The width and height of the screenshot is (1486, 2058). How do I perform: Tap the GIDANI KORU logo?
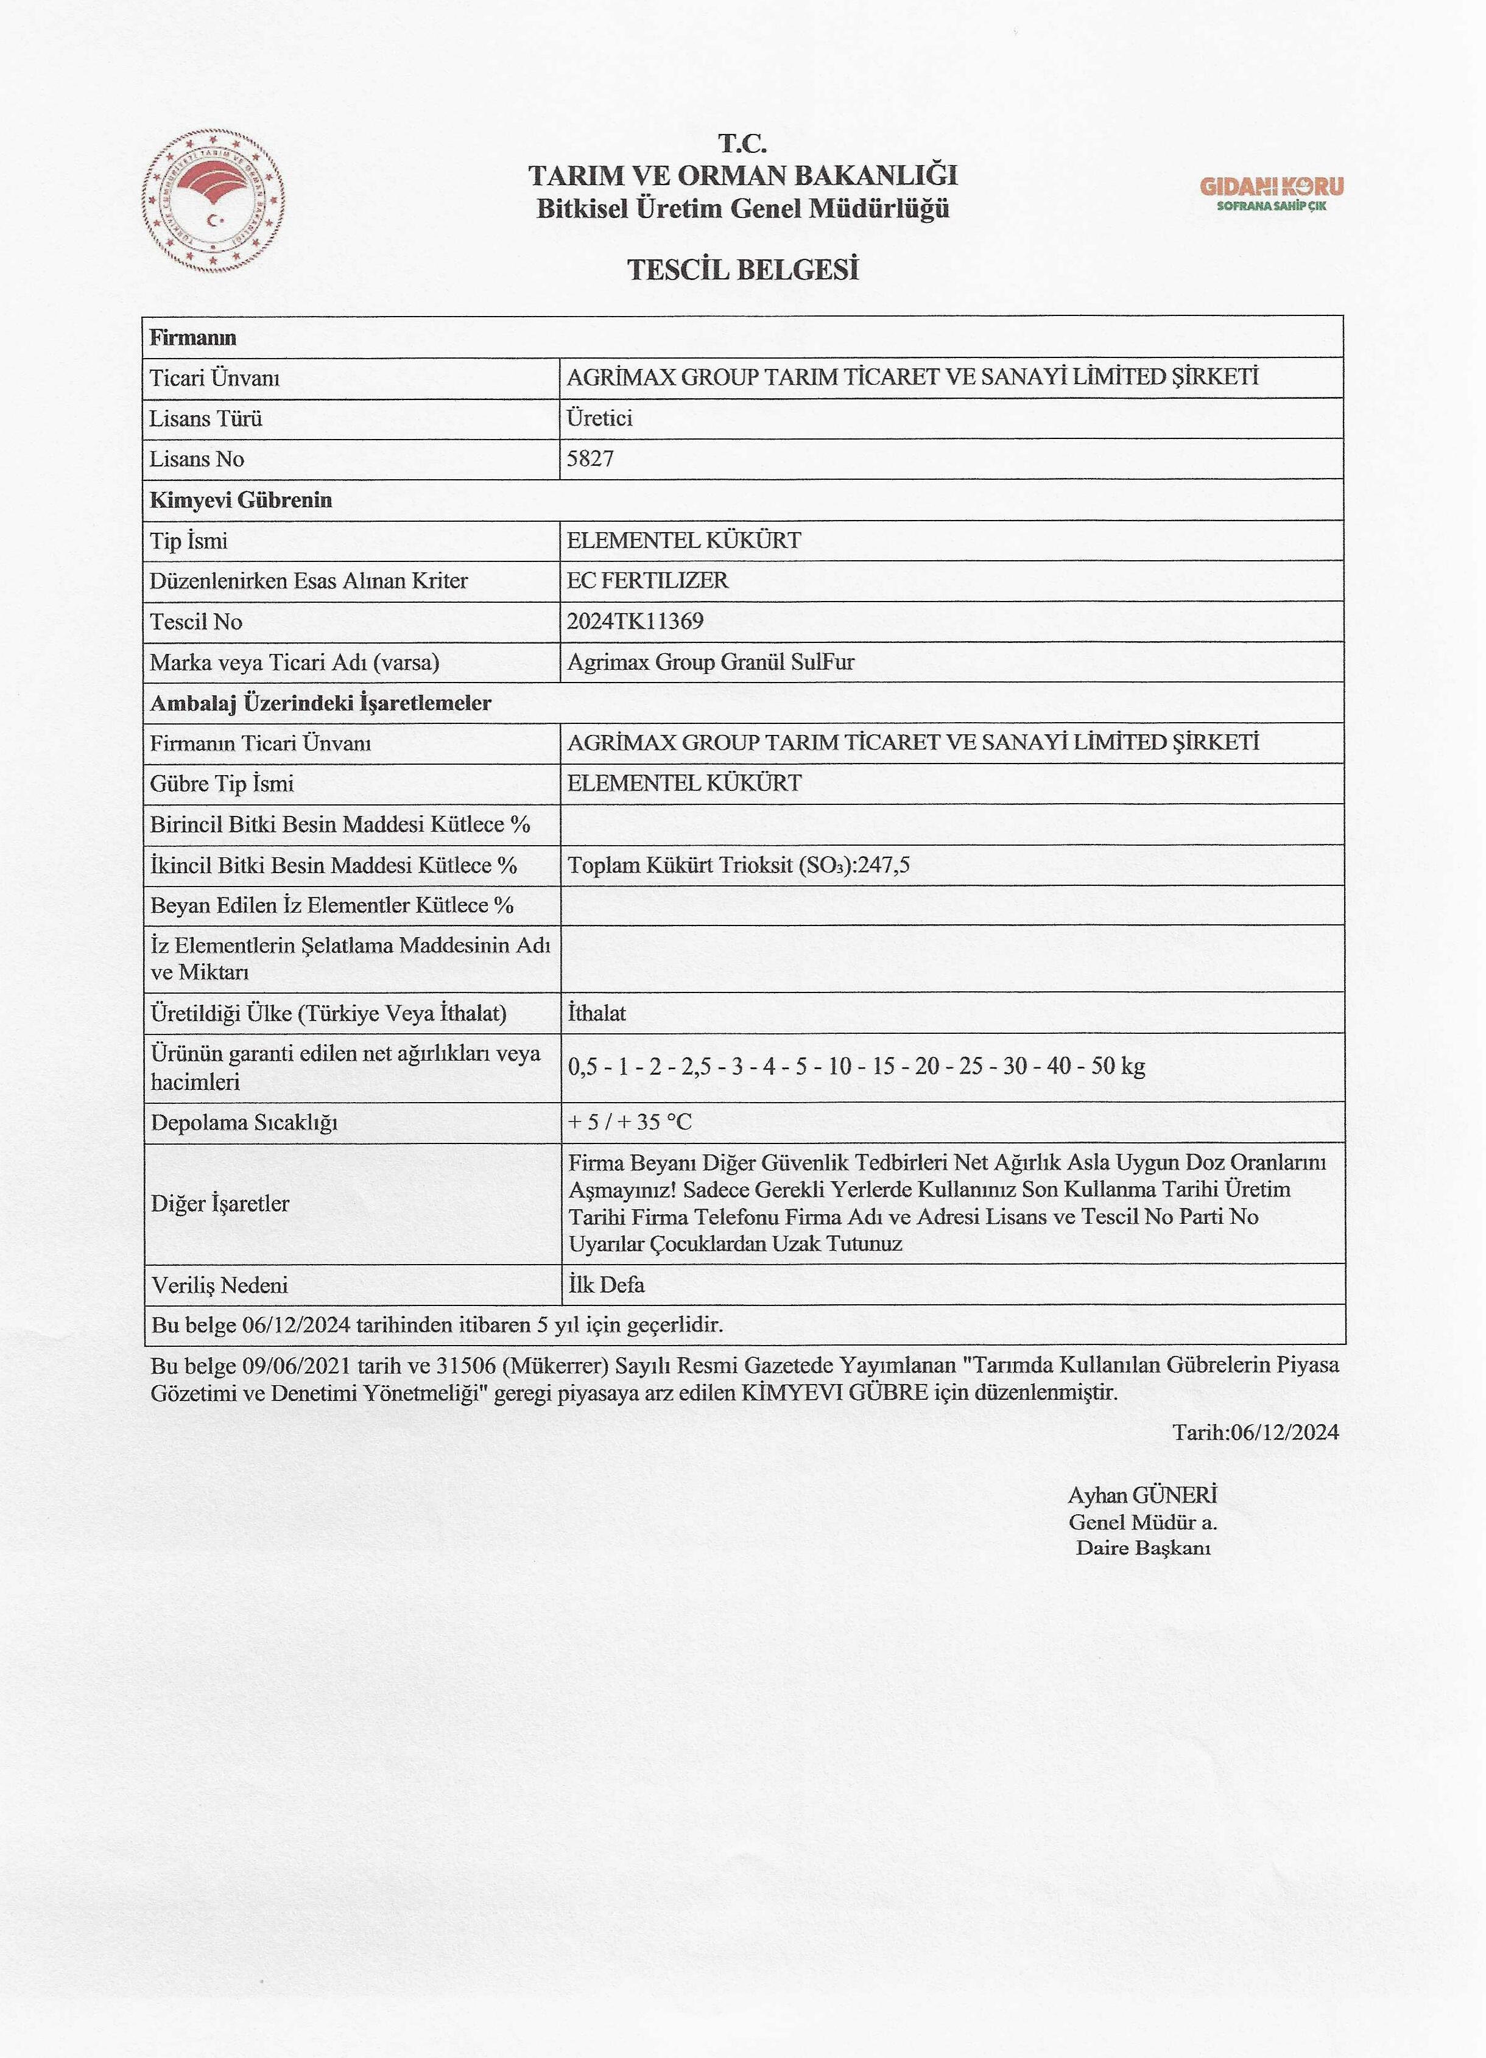pyautogui.click(x=1271, y=192)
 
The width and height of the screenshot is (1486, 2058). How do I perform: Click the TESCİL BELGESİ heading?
pyautogui.click(x=742, y=270)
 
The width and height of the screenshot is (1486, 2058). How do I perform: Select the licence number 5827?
pyautogui.click(x=590, y=459)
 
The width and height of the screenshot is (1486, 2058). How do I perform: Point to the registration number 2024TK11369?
pyautogui.click(x=635, y=622)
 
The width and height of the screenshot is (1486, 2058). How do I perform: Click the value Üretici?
pyautogui.click(x=599, y=418)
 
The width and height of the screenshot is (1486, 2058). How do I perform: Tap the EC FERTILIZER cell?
pyautogui.click(x=647, y=581)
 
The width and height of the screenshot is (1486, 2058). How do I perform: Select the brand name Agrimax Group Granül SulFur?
pyautogui.click(x=710, y=662)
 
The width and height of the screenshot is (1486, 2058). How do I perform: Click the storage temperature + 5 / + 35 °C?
pyautogui.click(x=630, y=1123)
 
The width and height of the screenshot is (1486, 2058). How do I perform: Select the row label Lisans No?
pyautogui.click(x=197, y=459)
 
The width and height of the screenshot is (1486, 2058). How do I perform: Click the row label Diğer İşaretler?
pyautogui.click(x=220, y=1203)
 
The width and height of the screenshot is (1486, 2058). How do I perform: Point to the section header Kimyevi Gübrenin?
pyautogui.click(x=241, y=500)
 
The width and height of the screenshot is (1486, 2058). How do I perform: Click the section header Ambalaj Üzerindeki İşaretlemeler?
pyautogui.click(x=320, y=703)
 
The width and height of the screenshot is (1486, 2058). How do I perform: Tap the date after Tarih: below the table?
pyautogui.click(x=1284, y=1432)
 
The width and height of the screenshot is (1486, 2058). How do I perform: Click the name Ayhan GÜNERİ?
pyautogui.click(x=1142, y=1495)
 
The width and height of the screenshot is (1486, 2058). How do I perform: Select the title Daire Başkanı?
pyautogui.click(x=1143, y=1548)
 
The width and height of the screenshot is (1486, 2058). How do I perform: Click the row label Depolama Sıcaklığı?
pyautogui.click(x=244, y=1123)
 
